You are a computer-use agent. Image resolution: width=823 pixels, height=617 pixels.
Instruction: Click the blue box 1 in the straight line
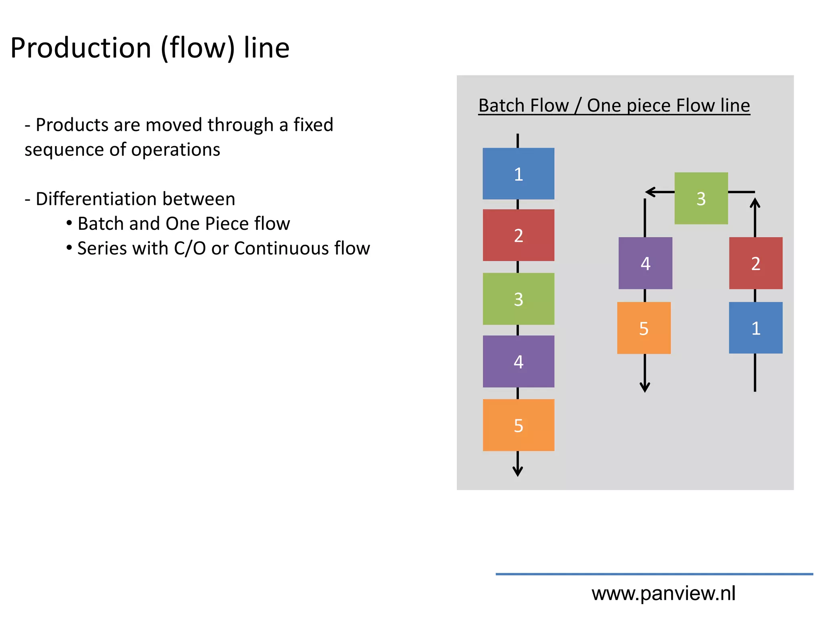pos(518,174)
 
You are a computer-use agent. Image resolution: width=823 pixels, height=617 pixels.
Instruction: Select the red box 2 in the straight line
pos(518,235)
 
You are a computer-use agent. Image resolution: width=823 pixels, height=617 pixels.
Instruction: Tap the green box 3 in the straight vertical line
pos(518,299)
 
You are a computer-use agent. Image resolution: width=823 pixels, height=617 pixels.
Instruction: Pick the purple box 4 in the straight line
pos(518,361)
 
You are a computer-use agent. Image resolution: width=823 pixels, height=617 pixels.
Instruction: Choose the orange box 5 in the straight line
pos(518,425)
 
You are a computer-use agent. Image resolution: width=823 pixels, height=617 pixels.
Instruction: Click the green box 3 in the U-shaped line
pos(701,198)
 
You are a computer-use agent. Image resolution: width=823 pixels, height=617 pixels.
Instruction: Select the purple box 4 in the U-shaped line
pos(645,263)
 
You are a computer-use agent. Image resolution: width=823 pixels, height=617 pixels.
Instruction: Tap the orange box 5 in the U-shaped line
pos(644,328)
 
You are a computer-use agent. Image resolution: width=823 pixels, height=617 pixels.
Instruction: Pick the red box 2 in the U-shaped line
pos(755,263)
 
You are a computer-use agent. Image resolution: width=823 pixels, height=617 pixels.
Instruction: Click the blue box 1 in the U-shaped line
pos(755,328)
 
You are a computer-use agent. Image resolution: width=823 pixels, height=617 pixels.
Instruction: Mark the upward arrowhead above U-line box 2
pos(755,202)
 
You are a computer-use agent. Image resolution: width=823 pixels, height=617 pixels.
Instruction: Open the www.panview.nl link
pos(663,593)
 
